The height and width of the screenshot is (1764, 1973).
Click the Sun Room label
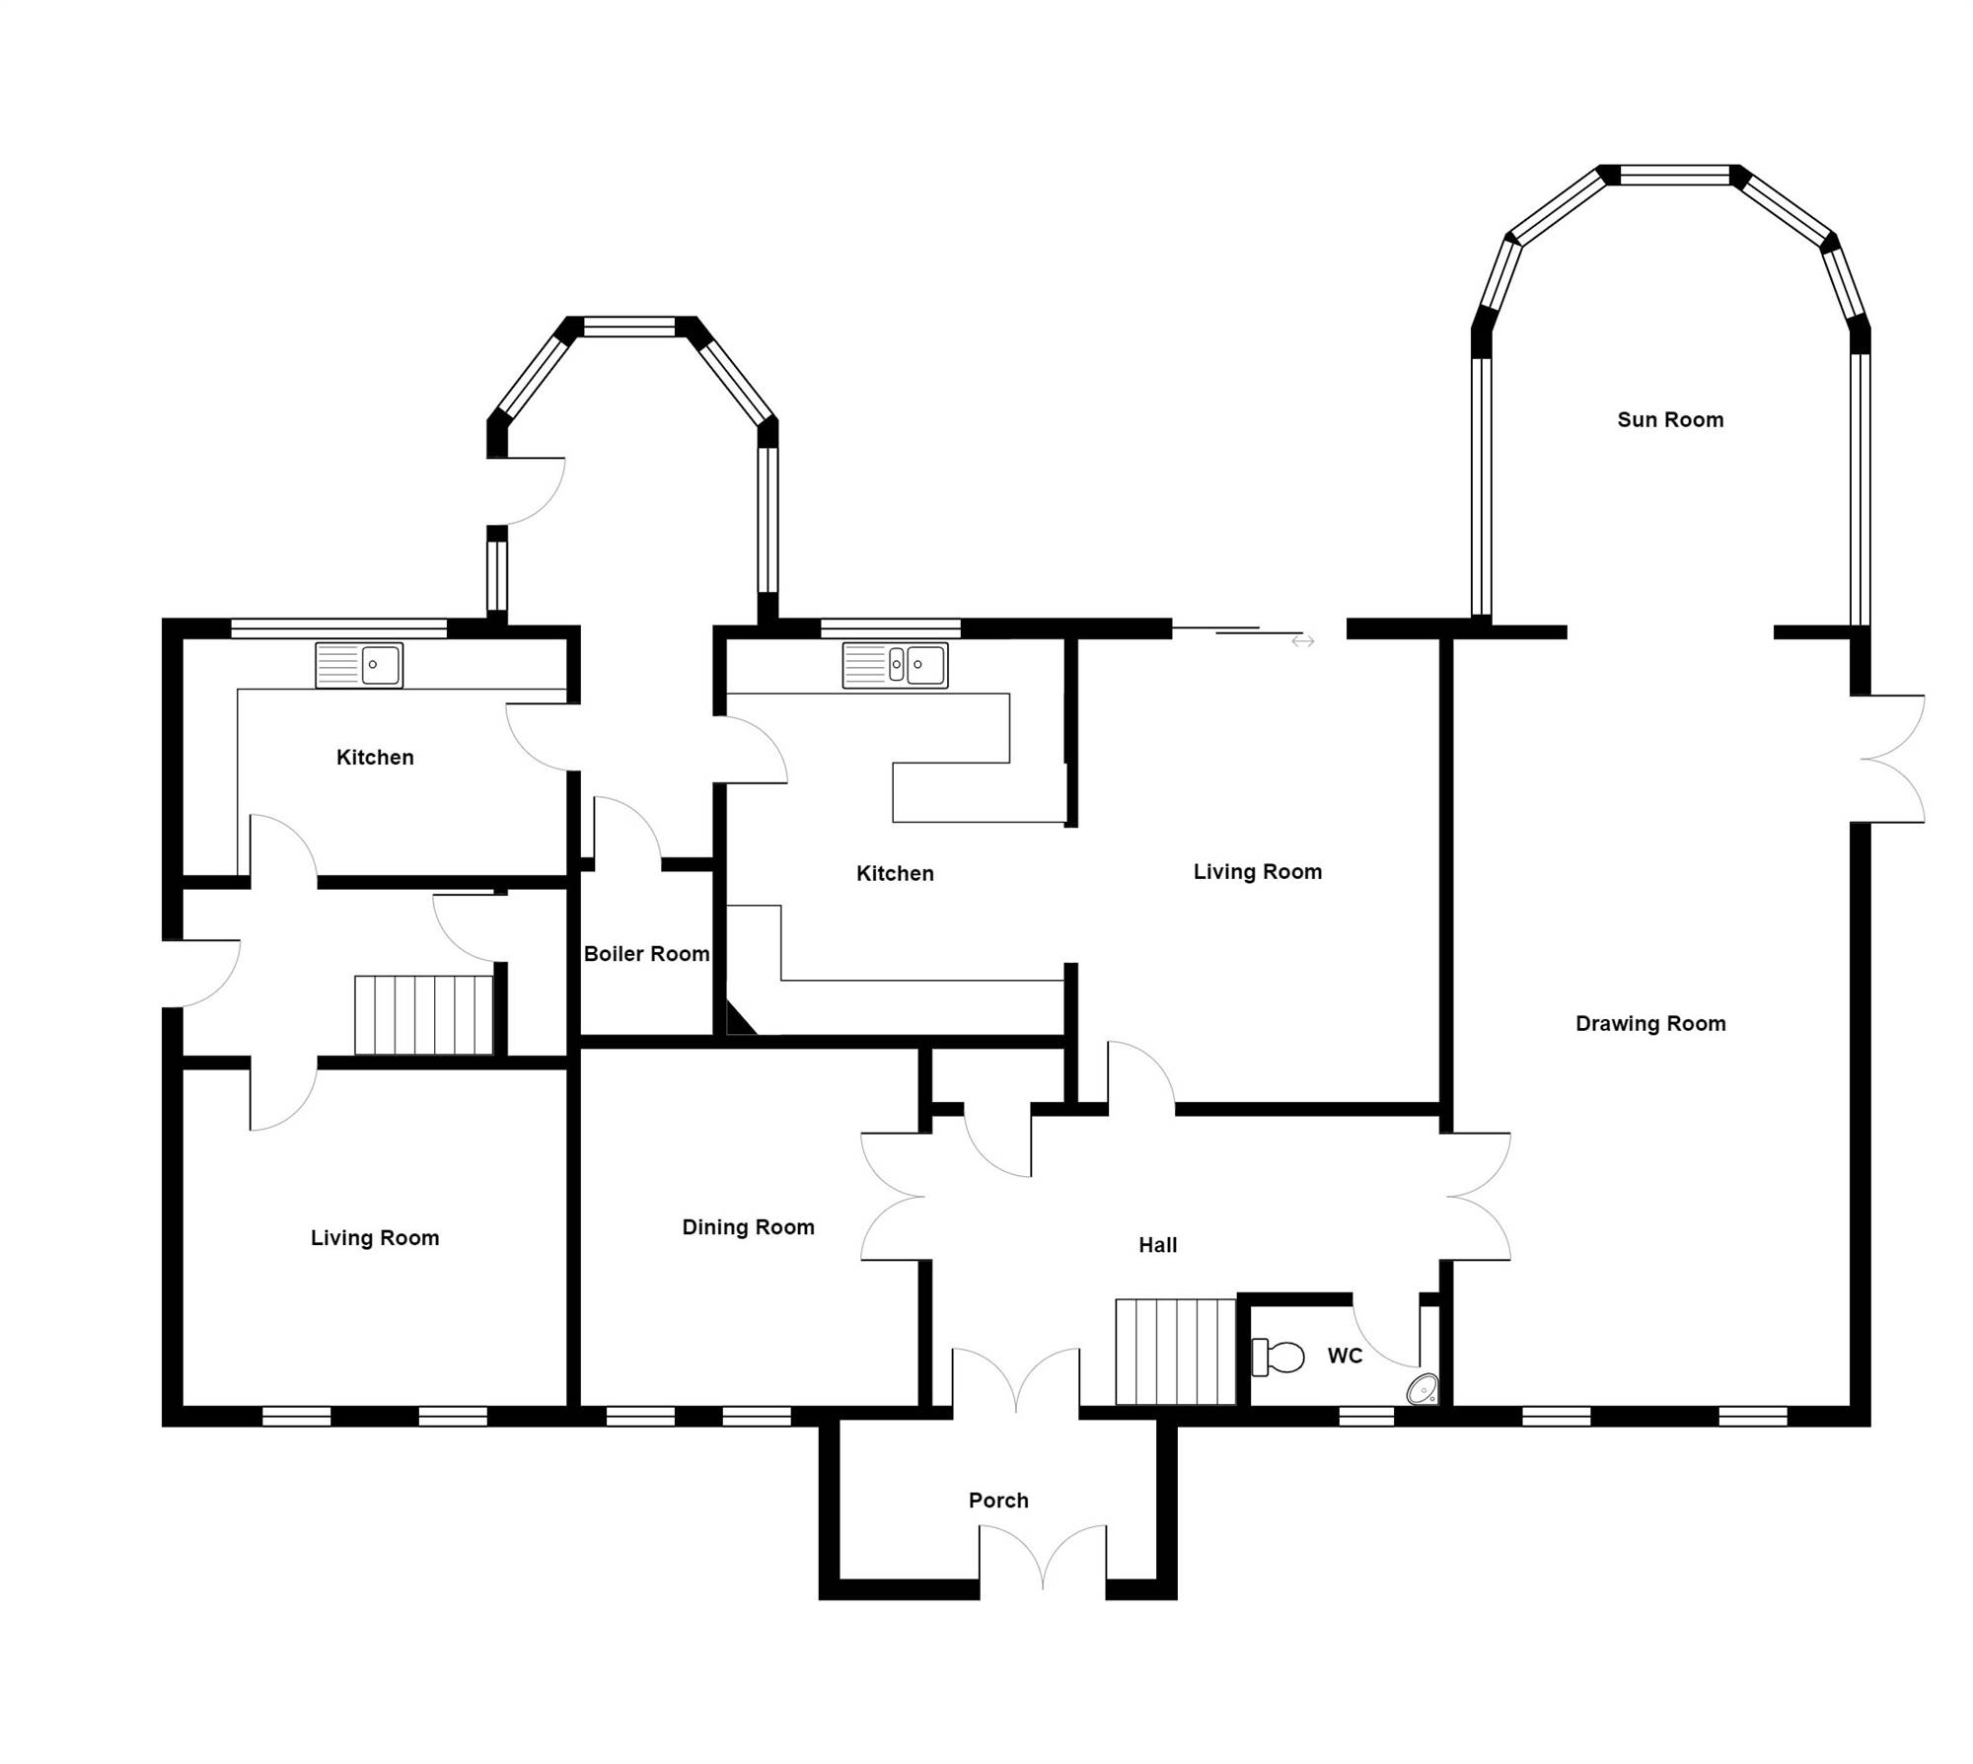pyautogui.click(x=1670, y=419)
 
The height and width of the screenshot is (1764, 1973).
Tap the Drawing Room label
pyautogui.click(x=1650, y=1024)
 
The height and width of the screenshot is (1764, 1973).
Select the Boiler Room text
pyautogui.click(x=646, y=954)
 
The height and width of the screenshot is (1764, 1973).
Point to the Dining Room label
pyautogui.click(x=748, y=1227)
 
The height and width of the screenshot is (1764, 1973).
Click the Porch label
pyautogui.click(x=998, y=1501)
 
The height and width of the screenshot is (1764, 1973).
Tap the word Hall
pyautogui.click(x=1158, y=1245)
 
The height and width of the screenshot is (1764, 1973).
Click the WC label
pyautogui.click(x=1345, y=1356)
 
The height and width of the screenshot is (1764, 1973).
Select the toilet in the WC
pyautogui.click(x=1277, y=1357)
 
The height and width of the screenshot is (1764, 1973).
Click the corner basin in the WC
pyautogui.click(x=1423, y=1389)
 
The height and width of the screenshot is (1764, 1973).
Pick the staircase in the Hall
pyautogui.click(x=1176, y=1352)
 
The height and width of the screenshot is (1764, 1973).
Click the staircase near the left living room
pyautogui.click(x=423, y=1015)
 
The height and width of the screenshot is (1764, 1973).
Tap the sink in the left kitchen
pyautogui.click(x=359, y=665)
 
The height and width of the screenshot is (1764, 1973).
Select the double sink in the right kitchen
pyautogui.click(x=895, y=665)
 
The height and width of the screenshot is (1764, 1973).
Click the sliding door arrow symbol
pyautogui.click(x=1303, y=641)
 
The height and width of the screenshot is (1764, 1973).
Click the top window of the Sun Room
pyautogui.click(x=1675, y=176)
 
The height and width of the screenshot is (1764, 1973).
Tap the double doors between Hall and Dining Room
pyautogui.click(x=894, y=1197)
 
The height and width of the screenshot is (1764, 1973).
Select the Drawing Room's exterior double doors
pyautogui.click(x=1892, y=759)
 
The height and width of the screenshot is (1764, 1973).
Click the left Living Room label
pyautogui.click(x=375, y=1238)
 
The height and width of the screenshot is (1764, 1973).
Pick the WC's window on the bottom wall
pyautogui.click(x=1366, y=1417)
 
